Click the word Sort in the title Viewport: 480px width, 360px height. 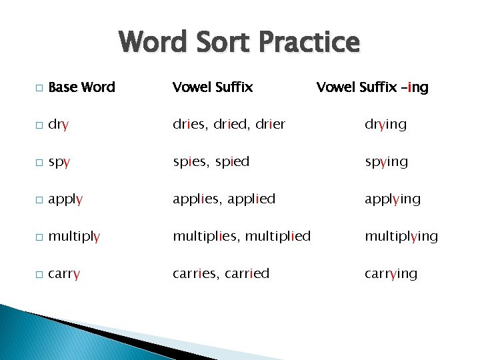click(217, 43)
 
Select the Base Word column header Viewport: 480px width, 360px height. click(82, 87)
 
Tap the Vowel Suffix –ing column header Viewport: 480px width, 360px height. click(372, 87)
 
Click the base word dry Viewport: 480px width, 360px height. click(59, 125)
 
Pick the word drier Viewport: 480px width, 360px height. click(269, 124)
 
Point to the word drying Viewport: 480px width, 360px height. click(385, 125)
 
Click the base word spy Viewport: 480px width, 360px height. click(59, 162)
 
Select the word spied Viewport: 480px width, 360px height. click(232, 162)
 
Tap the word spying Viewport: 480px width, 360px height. click(386, 162)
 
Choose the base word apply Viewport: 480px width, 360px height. click(66, 199)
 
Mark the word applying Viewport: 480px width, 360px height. click(393, 199)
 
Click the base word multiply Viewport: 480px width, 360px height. click(75, 237)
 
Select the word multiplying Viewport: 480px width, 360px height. click(401, 237)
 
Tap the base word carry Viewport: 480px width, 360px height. click(65, 274)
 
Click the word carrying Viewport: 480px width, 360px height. click(391, 274)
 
